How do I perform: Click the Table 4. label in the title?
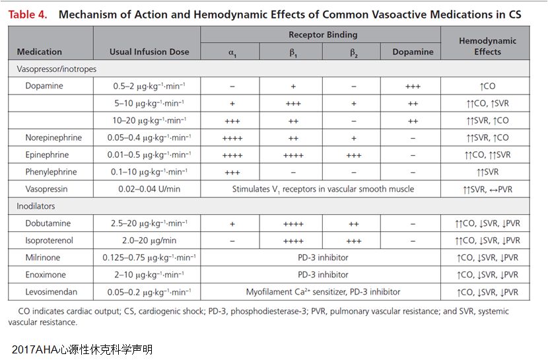(28, 14)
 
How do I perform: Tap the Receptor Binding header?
(323, 34)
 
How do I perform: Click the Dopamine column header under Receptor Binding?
(413, 52)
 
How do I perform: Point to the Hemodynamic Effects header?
(487, 46)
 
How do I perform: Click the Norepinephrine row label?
(53, 137)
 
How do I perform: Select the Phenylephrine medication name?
(51, 172)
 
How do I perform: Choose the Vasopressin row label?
(46, 189)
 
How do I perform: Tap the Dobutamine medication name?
(48, 223)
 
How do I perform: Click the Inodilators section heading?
(36, 206)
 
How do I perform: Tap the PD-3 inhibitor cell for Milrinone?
(323, 258)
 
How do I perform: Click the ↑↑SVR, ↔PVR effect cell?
(487, 189)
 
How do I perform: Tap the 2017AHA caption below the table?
(82, 348)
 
